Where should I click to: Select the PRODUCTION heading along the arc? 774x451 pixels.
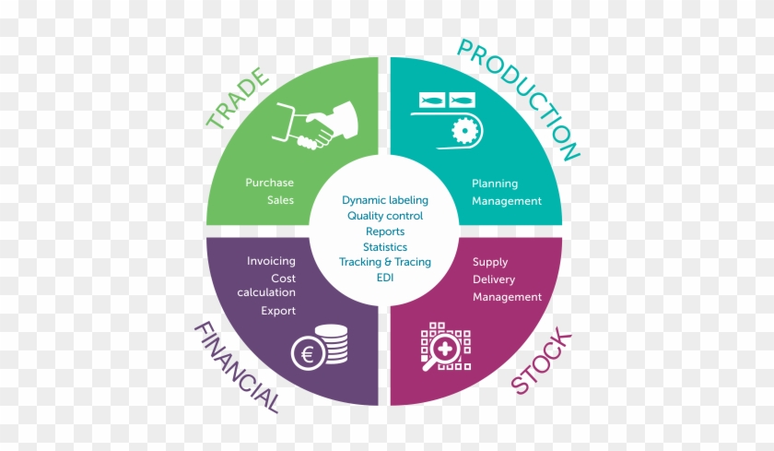[x=520, y=96]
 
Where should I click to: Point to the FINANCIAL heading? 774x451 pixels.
[x=235, y=367]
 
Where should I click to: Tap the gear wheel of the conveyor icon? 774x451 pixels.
[x=460, y=131]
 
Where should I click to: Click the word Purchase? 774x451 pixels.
[x=269, y=183]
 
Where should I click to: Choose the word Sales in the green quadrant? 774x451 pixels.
[x=280, y=200]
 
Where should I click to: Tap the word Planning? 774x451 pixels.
[x=495, y=184]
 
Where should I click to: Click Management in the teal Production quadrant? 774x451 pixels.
[x=507, y=201]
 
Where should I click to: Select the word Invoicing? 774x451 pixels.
[x=271, y=261]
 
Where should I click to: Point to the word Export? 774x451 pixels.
[x=278, y=311]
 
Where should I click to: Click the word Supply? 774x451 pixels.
[x=490, y=262]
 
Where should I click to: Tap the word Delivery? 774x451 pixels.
[x=494, y=279]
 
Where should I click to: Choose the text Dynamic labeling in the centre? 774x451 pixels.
[x=384, y=199]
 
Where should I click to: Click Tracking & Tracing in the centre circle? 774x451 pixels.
[x=384, y=262]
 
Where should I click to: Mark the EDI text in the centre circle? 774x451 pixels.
[x=384, y=278]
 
